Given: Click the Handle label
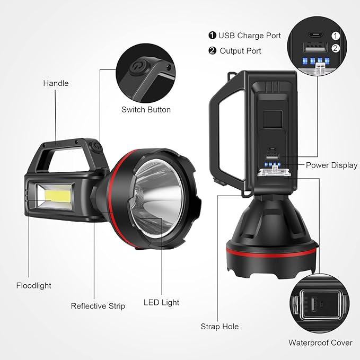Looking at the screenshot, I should point(56,83).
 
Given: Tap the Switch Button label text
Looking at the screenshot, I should point(146,110).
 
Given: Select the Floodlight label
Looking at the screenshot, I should point(33,285).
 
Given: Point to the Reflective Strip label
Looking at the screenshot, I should point(98,306).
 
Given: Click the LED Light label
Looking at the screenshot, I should point(161,302).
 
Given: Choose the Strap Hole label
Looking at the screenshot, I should point(219,327).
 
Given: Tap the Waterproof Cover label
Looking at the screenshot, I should point(320,343).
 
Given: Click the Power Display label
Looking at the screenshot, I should point(331,165).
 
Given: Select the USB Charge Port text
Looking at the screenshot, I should point(250,36).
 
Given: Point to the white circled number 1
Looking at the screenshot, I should point(335,36).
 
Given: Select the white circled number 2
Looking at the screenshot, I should point(335,49).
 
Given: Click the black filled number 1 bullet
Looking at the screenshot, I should point(212,36).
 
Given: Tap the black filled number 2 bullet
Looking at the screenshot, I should point(212,51).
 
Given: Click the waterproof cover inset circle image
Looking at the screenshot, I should point(316,306).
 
